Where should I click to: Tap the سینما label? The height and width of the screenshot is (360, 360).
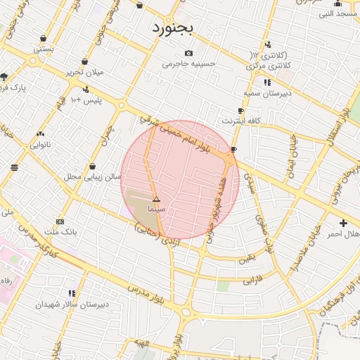click(156, 210)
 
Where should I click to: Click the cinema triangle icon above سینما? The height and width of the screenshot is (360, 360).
click(156, 200)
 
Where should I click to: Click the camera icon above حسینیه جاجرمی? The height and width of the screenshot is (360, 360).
click(188, 53)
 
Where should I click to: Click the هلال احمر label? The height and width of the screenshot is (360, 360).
click(344, 233)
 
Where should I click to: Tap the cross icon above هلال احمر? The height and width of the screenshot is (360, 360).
click(343, 223)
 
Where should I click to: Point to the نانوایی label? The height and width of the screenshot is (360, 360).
click(39, 144)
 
